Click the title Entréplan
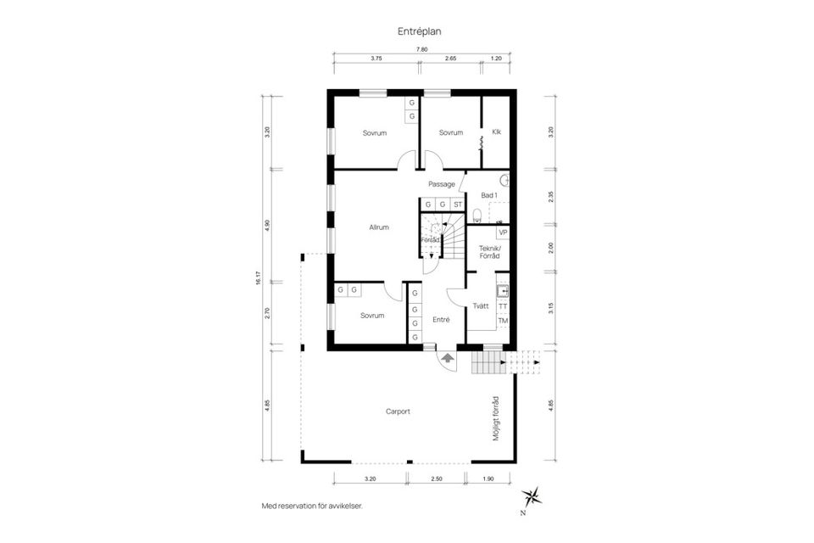tap(420, 31)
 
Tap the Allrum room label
tap(379, 227)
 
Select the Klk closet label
tap(497, 132)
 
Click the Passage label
tap(442, 183)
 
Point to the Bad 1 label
tap(489, 195)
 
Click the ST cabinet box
tap(457, 204)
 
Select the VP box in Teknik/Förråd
tap(502, 232)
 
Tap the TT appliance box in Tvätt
tap(503, 305)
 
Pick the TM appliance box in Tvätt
tap(503, 320)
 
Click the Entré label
tap(441, 320)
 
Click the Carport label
tap(398, 411)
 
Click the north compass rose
tap(531, 495)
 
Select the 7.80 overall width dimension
tap(421, 49)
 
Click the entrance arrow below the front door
tap(444, 359)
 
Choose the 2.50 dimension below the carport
tap(437, 479)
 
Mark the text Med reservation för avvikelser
tap(312, 506)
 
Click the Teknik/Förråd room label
tap(489, 251)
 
